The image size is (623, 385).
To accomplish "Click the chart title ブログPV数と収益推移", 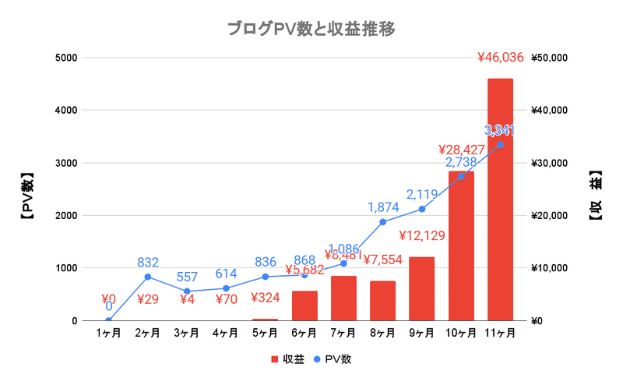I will pos(311,30).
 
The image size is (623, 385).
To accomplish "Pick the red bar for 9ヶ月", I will pos(421,288).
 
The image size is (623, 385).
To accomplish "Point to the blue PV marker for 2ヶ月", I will pos(147,277).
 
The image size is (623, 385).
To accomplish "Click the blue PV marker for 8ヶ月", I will pos(382,222).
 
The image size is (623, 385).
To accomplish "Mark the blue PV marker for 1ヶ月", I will pos(108,320).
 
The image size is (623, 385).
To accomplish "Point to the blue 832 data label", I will pos(147,263).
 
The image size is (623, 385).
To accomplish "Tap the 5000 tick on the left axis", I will pos(65,58).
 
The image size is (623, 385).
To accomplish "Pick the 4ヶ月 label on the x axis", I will pos(226,334).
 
